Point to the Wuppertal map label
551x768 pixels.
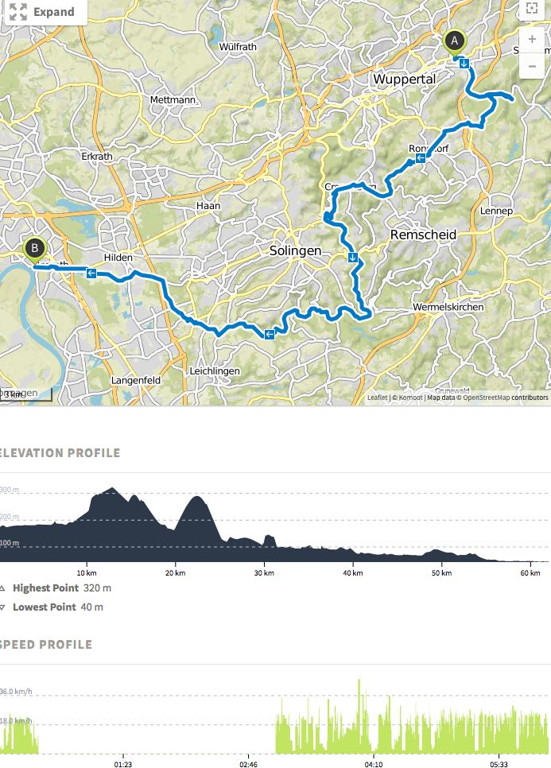click(404, 80)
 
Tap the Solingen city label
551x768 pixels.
click(295, 250)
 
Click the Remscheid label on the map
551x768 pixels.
click(423, 235)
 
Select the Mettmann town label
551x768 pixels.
click(173, 100)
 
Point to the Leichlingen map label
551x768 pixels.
click(215, 371)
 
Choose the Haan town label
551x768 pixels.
click(208, 205)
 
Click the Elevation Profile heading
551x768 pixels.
click(60, 453)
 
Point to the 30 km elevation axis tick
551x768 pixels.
click(263, 572)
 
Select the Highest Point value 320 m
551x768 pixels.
click(97, 588)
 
